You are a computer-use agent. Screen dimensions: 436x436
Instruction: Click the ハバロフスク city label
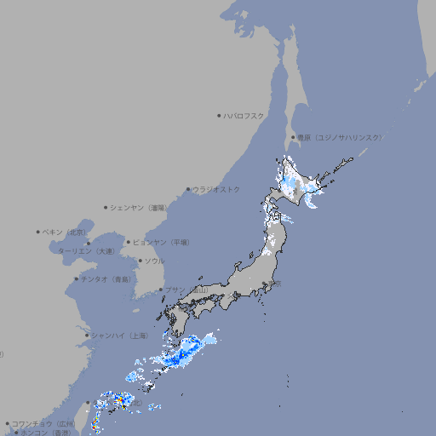244,115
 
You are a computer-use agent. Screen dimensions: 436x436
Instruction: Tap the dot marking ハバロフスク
219,115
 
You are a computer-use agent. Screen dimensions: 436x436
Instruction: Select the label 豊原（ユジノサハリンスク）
340,137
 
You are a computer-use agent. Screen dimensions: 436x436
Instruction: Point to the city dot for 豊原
293,137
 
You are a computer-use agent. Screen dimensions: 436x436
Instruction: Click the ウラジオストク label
216,189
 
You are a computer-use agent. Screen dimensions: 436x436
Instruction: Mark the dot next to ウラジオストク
188,189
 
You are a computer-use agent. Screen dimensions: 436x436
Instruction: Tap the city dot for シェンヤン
106,207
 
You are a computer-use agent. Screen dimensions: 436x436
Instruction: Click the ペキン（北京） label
65,232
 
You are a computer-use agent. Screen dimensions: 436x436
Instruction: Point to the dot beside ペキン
38,232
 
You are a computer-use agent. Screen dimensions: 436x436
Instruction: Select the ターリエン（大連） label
86,251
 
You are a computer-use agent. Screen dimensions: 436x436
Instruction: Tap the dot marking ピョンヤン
129,242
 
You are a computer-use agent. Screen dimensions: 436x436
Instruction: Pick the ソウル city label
154,261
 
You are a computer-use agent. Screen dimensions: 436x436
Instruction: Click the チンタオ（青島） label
106,279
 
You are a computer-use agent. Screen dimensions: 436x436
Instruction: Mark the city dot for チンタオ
77,279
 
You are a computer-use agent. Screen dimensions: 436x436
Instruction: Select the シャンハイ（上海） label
119,336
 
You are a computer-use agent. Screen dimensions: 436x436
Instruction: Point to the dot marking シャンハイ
87,336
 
